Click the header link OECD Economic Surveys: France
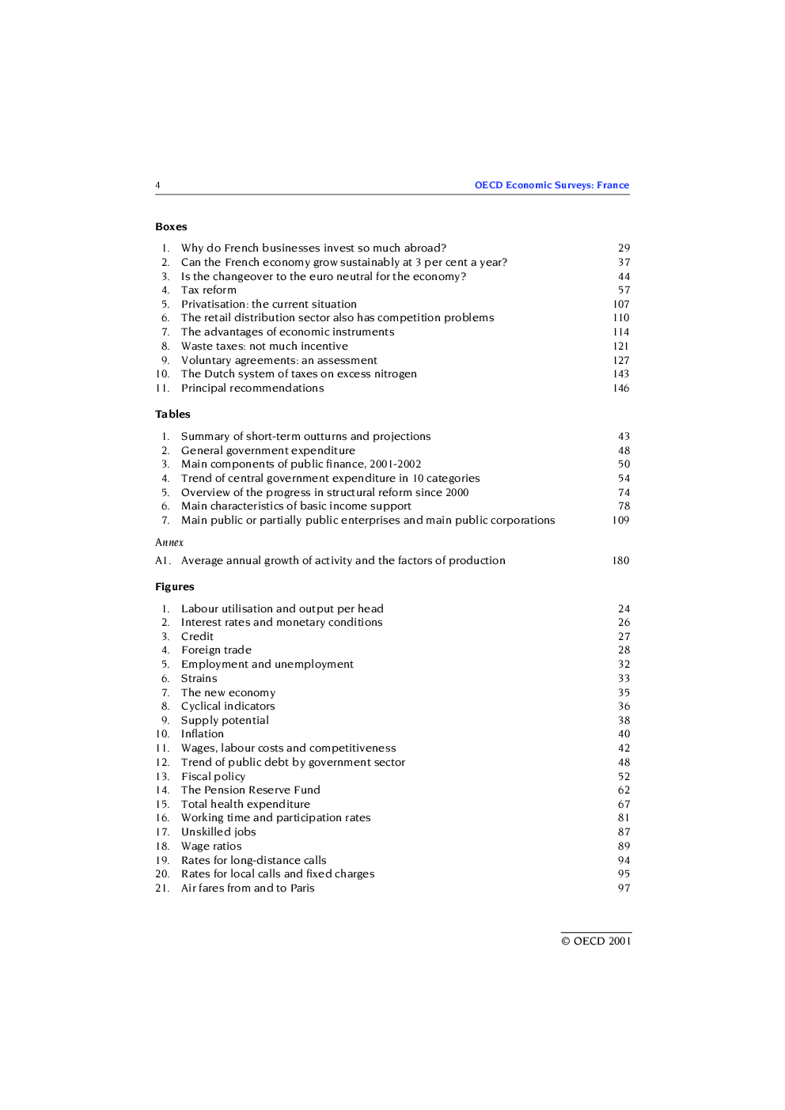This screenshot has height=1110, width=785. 552,185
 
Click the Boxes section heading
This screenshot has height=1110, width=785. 171,227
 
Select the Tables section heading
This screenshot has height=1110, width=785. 173,415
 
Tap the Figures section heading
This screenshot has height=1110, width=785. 174,587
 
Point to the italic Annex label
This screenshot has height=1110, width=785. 169,543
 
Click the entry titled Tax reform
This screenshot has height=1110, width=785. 209,290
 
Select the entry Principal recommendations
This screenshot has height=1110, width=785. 252,388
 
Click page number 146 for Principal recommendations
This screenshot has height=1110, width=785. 621,388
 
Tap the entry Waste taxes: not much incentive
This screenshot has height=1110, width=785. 264,347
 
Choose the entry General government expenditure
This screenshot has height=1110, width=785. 268,451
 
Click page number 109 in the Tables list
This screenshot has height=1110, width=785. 621,521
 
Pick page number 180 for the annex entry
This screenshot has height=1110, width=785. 621,561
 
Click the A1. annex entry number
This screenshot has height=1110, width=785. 163,561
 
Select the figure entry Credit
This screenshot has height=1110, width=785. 197,637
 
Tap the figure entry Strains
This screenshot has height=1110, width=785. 199,679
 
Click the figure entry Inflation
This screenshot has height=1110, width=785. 203,734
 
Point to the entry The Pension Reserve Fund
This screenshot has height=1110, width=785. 251,790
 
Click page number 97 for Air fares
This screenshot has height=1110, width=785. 624,888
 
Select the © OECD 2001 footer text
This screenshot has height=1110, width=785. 596,941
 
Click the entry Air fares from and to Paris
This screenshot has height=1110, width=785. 248,888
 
